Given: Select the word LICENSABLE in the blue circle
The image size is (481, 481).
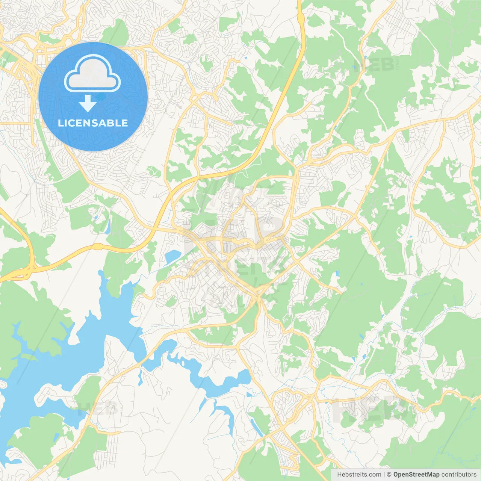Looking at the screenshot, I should tap(93, 123).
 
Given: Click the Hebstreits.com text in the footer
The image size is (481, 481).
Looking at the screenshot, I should tap(359, 475).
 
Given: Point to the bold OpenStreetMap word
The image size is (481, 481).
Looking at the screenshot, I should tap(416, 475).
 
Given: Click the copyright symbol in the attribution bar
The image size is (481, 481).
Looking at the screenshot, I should tap(389, 475).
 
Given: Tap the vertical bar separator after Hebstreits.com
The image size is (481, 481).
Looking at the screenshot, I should tap(384, 475).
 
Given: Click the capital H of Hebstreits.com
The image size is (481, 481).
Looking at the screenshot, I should tap(339, 475).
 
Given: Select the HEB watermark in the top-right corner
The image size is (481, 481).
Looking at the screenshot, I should tap(374, 65).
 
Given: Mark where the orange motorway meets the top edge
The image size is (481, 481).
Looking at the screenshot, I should tap(299, 2).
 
